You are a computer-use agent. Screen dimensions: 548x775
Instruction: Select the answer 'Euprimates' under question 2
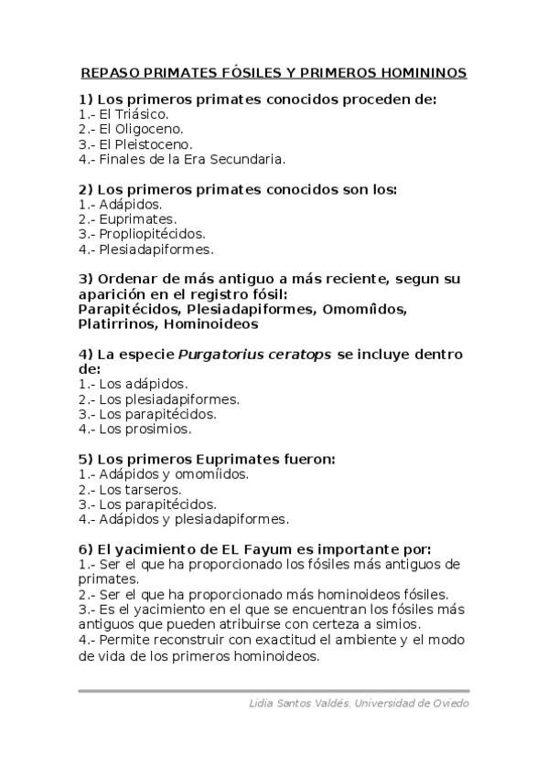pyautogui.click(x=137, y=219)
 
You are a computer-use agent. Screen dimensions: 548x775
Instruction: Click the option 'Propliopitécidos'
pyautogui.click(x=152, y=234)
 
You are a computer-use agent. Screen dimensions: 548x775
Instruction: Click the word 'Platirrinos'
pyautogui.click(x=118, y=324)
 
